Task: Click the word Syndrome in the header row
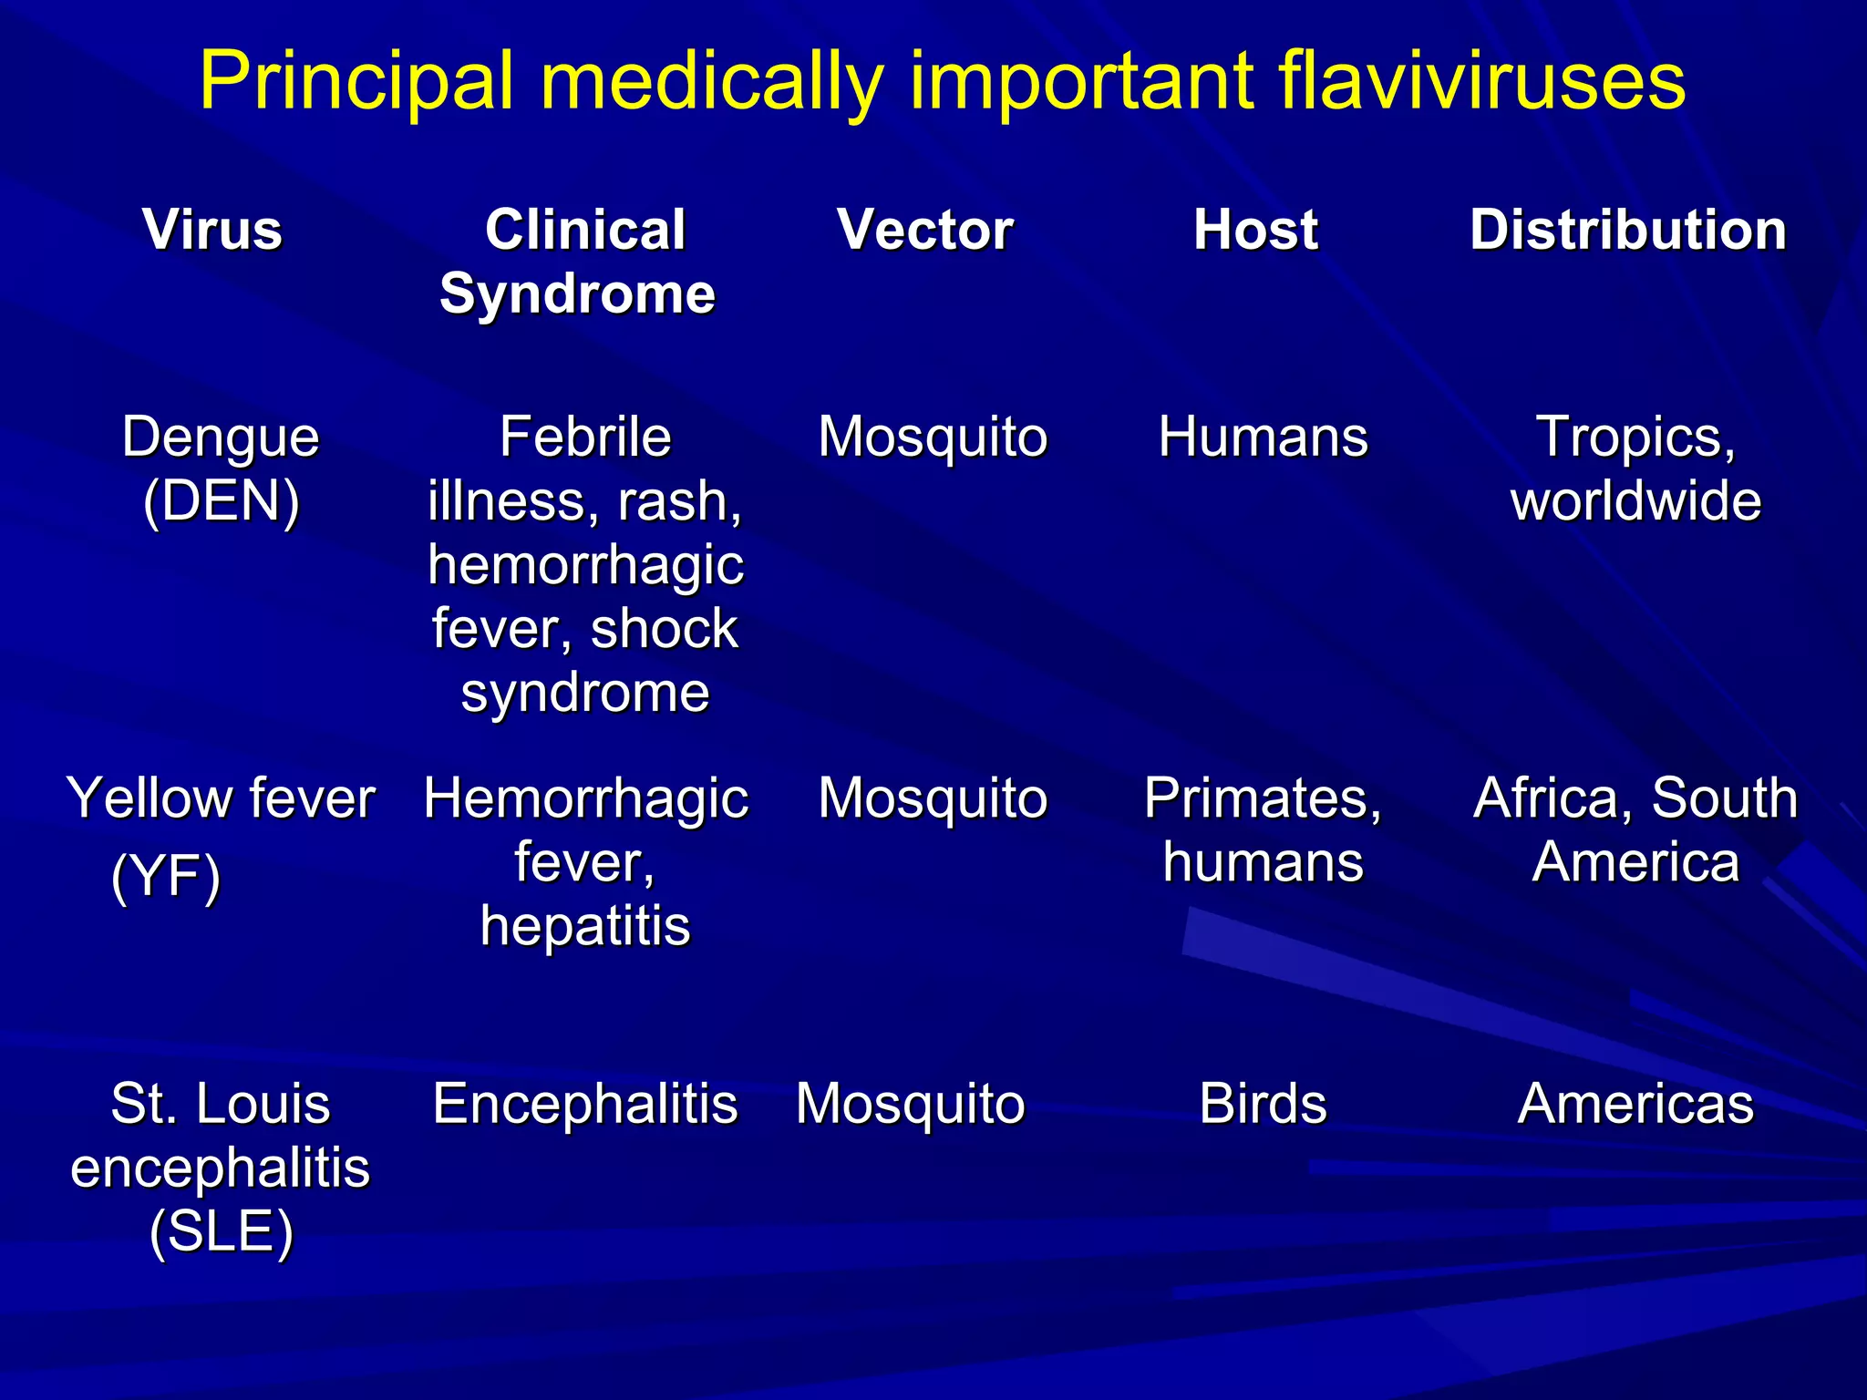pos(578,293)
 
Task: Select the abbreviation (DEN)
pos(222,500)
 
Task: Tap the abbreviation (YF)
pos(166,877)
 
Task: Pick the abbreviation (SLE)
pos(222,1231)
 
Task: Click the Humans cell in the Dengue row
pos(1264,437)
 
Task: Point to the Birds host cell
pos(1264,1104)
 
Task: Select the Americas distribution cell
pos(1635,1104)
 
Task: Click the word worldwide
pos(1635,500)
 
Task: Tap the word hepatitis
pos(585,926)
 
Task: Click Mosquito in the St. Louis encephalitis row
pos(911,1104)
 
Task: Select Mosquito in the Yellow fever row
pos(933,798)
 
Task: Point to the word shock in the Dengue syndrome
pos(664,628)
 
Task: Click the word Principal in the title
pos(356,82)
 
